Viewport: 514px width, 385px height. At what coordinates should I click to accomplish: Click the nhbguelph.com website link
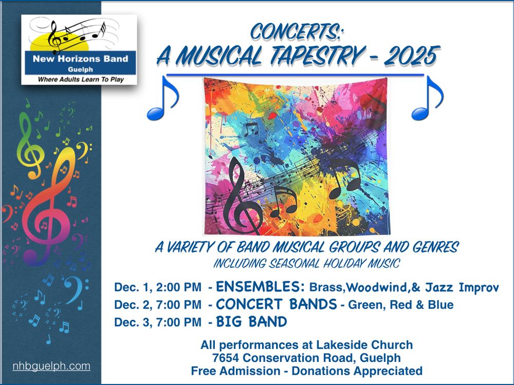tap(51, 366)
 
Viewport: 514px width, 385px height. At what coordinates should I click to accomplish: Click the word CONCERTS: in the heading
tap(297, 32)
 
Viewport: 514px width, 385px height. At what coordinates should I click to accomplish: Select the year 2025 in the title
tap(412, 55)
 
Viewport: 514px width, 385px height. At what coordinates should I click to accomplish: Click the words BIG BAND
tap(251, 322)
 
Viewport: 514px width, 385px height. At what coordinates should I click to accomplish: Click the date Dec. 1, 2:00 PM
tap(157, 287)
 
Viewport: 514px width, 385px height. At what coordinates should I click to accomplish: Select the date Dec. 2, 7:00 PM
tap(157, 305)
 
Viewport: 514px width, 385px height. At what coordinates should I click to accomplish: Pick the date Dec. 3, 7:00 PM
tap(157, 322)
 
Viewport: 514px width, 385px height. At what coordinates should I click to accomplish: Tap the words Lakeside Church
tap(364, 345)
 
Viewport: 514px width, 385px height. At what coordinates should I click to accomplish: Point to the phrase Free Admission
tap(236, 371)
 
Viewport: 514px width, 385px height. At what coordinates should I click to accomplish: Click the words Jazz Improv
tap(462, 287)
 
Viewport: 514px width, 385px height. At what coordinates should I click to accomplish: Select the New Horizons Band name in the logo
tap(80, 59)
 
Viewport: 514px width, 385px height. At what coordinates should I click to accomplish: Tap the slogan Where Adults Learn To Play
tap(81, 79)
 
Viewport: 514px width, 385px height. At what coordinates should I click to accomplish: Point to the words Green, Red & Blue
tap(400, 305)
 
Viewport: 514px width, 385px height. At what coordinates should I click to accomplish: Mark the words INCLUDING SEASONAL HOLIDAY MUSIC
tap(306, 263)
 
